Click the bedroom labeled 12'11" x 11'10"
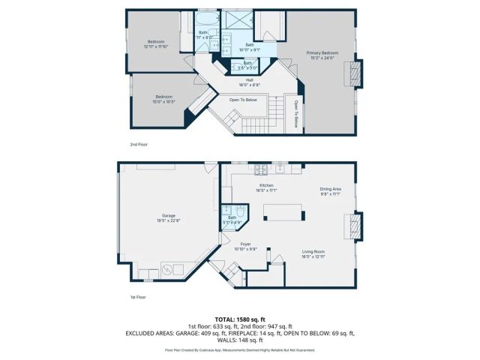[x=156, y=43]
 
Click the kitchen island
[x=283, y=212]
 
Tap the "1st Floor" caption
[x=137, y=298]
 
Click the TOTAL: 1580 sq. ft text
[x=240, y=319]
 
